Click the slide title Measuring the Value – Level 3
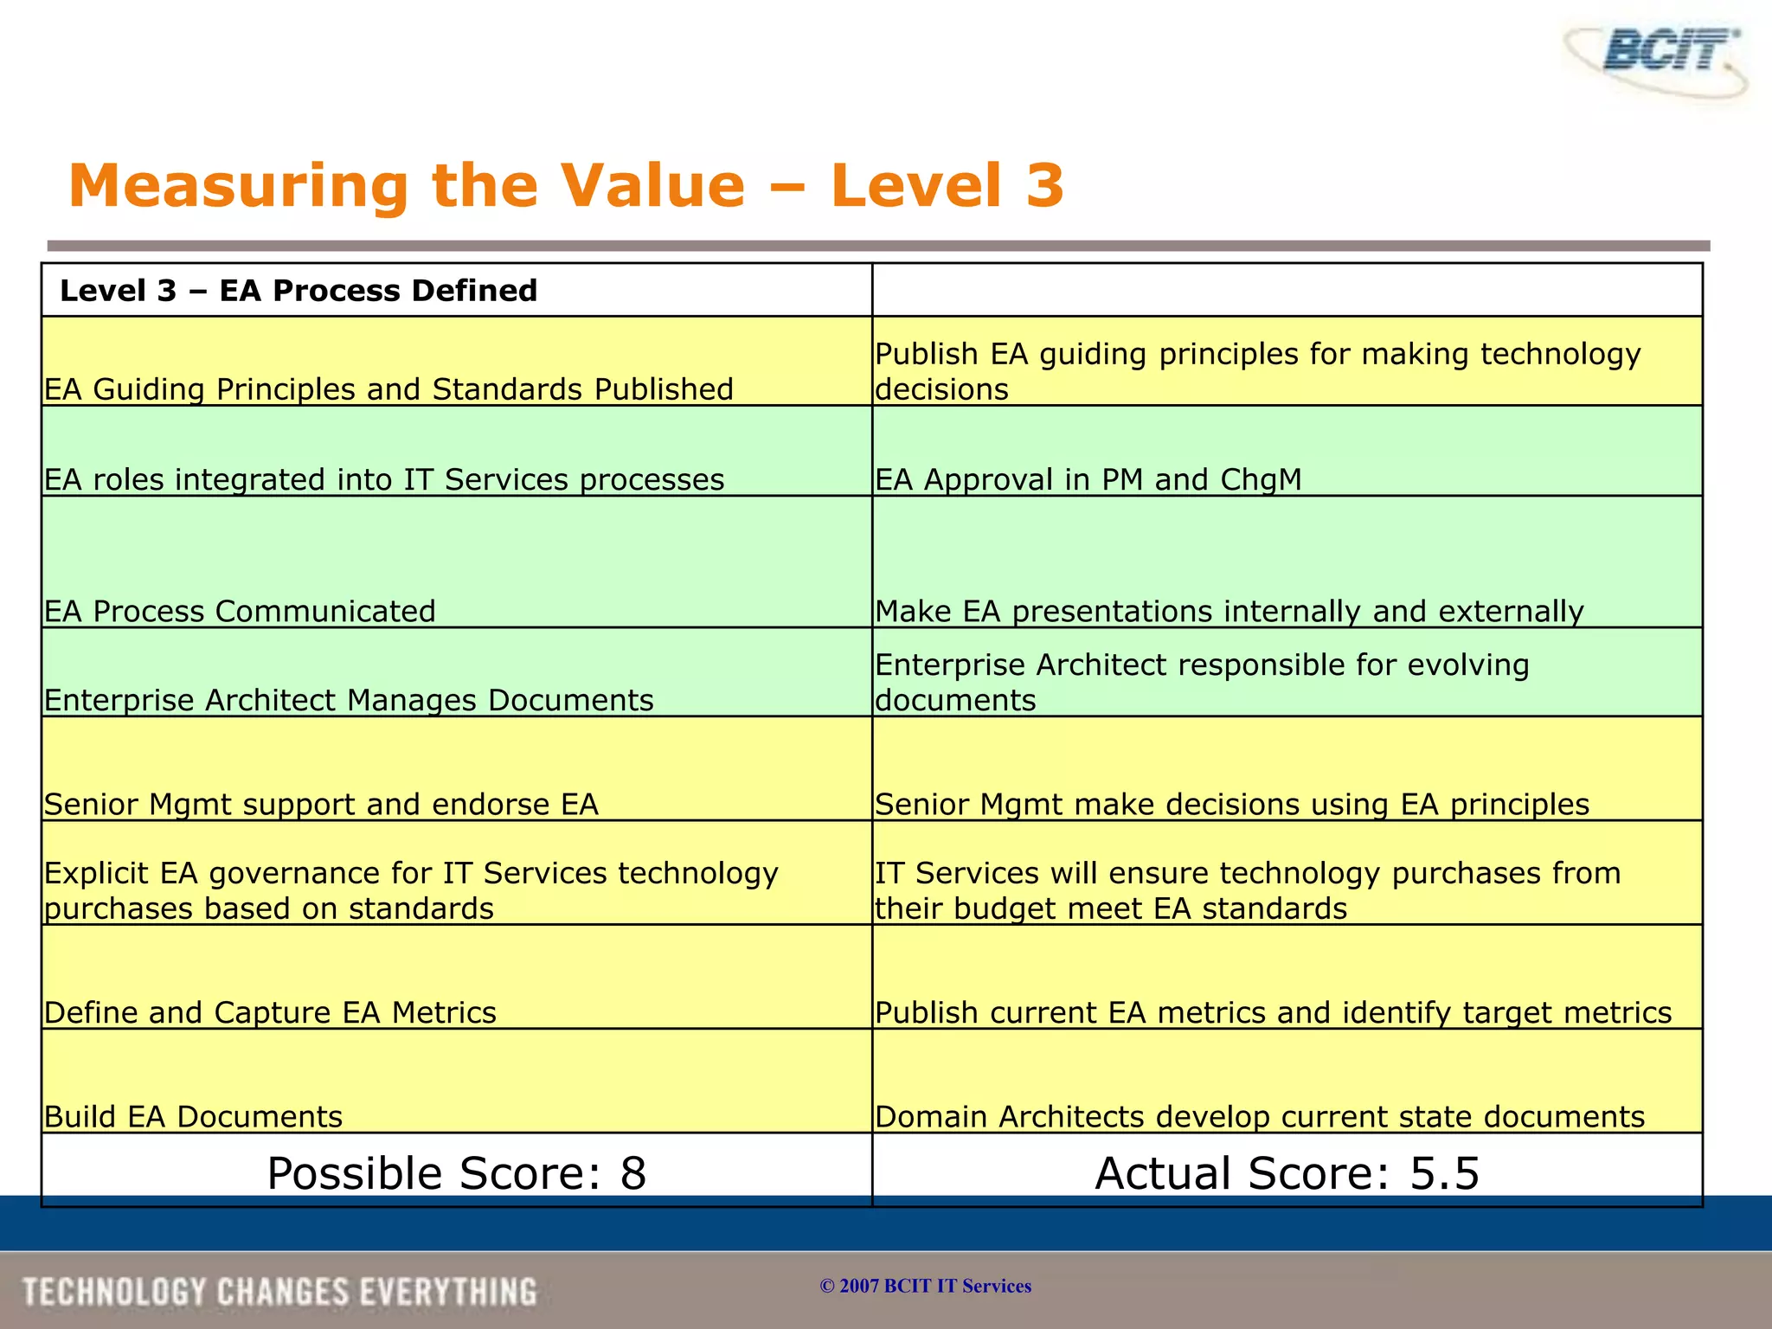click(566, 186)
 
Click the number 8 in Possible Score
click(633, 1174)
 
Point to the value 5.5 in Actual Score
click(1444, 1174)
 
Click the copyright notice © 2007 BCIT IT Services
click(925, 1286)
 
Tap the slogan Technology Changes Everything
click(279, 1292)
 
